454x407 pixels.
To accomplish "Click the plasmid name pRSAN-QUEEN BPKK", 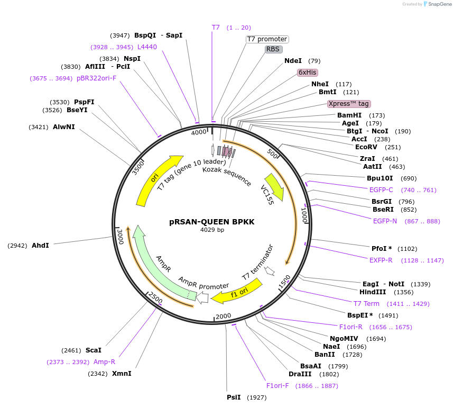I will [x=212, y=222].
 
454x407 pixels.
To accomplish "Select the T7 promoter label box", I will [x=267, y=39].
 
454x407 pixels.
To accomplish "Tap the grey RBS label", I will [x=273, y=49].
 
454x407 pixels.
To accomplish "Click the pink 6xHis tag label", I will [x=308, y=73].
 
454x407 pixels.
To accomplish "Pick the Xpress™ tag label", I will [x=348, y=104].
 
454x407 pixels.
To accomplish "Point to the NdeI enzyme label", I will [x=293, y=61].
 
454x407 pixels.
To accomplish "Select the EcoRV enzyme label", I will [x=366, y=147].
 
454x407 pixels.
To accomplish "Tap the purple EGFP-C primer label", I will [x=381, y=190].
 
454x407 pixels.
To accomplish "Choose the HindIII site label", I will [x=373, y=292].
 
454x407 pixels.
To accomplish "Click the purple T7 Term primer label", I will [x=366, y=304].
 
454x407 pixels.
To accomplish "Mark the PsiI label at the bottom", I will [x=234, y=397].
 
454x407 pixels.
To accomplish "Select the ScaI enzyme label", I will [x=93, y=350].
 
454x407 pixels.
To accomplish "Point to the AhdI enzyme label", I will [x=40, y=246].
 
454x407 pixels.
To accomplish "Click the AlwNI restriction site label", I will [x=64, y=127].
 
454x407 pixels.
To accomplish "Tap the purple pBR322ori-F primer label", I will [x=96, y=78].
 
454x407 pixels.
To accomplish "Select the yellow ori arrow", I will [x=156, y=179].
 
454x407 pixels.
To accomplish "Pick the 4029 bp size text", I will [x=212, y=230].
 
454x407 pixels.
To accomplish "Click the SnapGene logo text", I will [x=440, y=4].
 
